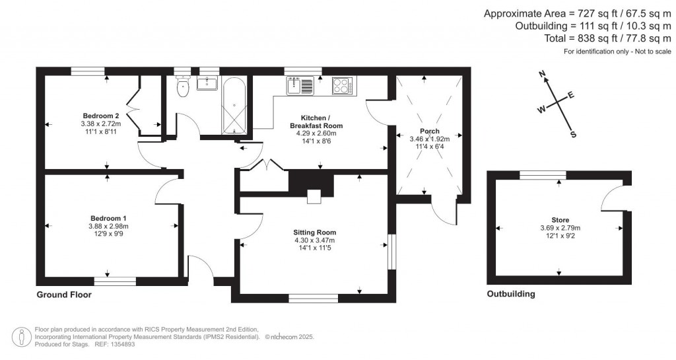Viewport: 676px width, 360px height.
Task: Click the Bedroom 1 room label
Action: click(x=108, y=218)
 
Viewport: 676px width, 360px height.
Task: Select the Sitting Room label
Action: click(x=315, y=233)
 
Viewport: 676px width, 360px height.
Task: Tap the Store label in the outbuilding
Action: click(x=560, y=220)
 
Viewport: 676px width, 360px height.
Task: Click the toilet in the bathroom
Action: click(x=184, y=86)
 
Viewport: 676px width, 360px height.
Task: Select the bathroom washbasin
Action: click(x=209, y=83)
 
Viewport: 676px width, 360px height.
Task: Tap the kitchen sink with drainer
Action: click(x=301, y=86)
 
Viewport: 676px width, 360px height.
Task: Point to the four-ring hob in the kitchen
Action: click(x=342, y=85)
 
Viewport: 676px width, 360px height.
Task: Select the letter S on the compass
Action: click(x=573, y=134)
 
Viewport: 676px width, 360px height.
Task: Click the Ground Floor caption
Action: click(x=63, y=295)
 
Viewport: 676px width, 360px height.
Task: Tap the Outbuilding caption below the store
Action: click(x=510, y=294)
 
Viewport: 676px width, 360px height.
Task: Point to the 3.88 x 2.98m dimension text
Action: click(x=108, y=226)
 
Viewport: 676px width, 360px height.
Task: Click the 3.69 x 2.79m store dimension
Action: click(x=560, y=228)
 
